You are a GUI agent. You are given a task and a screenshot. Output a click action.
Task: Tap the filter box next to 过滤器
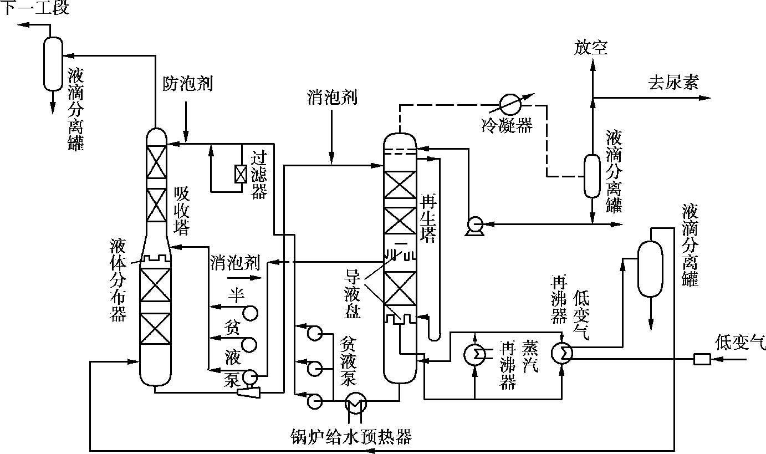[241, 174]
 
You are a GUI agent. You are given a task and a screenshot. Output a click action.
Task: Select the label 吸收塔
[182, 211]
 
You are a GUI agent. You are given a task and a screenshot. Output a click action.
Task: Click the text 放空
[591, 48]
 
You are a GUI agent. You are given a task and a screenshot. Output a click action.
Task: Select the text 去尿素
[673, 83]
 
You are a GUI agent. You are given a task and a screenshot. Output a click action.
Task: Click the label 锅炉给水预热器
[351, 437]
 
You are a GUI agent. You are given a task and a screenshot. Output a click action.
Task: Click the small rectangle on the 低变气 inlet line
[702, 359]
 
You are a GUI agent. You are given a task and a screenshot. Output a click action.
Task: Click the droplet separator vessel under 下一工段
[53, 64]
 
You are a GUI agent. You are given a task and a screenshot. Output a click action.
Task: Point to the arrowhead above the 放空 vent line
[592, 65]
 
